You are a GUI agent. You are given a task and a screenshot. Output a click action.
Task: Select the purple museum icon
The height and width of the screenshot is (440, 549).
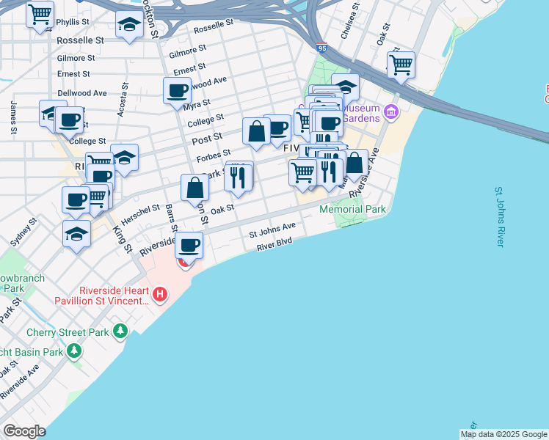(391, 112)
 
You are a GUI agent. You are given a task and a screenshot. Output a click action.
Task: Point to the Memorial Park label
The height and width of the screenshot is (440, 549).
(352, 209)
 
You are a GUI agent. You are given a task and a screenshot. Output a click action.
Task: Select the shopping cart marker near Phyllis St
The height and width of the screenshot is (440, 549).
(40, 13)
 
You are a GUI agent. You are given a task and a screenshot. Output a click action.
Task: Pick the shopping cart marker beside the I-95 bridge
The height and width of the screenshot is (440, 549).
(401, 64)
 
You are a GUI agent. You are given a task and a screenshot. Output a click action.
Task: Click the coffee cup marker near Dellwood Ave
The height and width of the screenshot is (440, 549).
(177, 91)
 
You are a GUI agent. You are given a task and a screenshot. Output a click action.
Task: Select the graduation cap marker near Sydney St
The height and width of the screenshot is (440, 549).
(76, 233)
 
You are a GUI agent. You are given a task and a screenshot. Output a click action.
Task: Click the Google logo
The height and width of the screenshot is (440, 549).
(24, 431)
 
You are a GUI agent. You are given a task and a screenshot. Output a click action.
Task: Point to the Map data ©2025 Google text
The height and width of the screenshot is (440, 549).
(503, 434)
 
